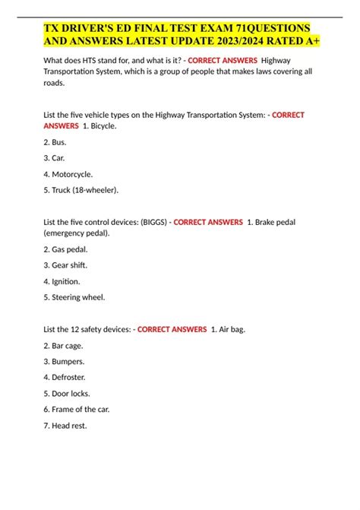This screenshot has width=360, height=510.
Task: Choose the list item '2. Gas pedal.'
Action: tap(67, 249)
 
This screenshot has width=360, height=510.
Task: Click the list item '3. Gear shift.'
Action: tap(67, 265)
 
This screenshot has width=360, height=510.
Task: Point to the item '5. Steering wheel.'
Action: tap(75, 297)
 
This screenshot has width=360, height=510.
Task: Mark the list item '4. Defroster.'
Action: tap(66, 377)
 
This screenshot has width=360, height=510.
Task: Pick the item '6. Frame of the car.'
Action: tap(77, 410)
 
